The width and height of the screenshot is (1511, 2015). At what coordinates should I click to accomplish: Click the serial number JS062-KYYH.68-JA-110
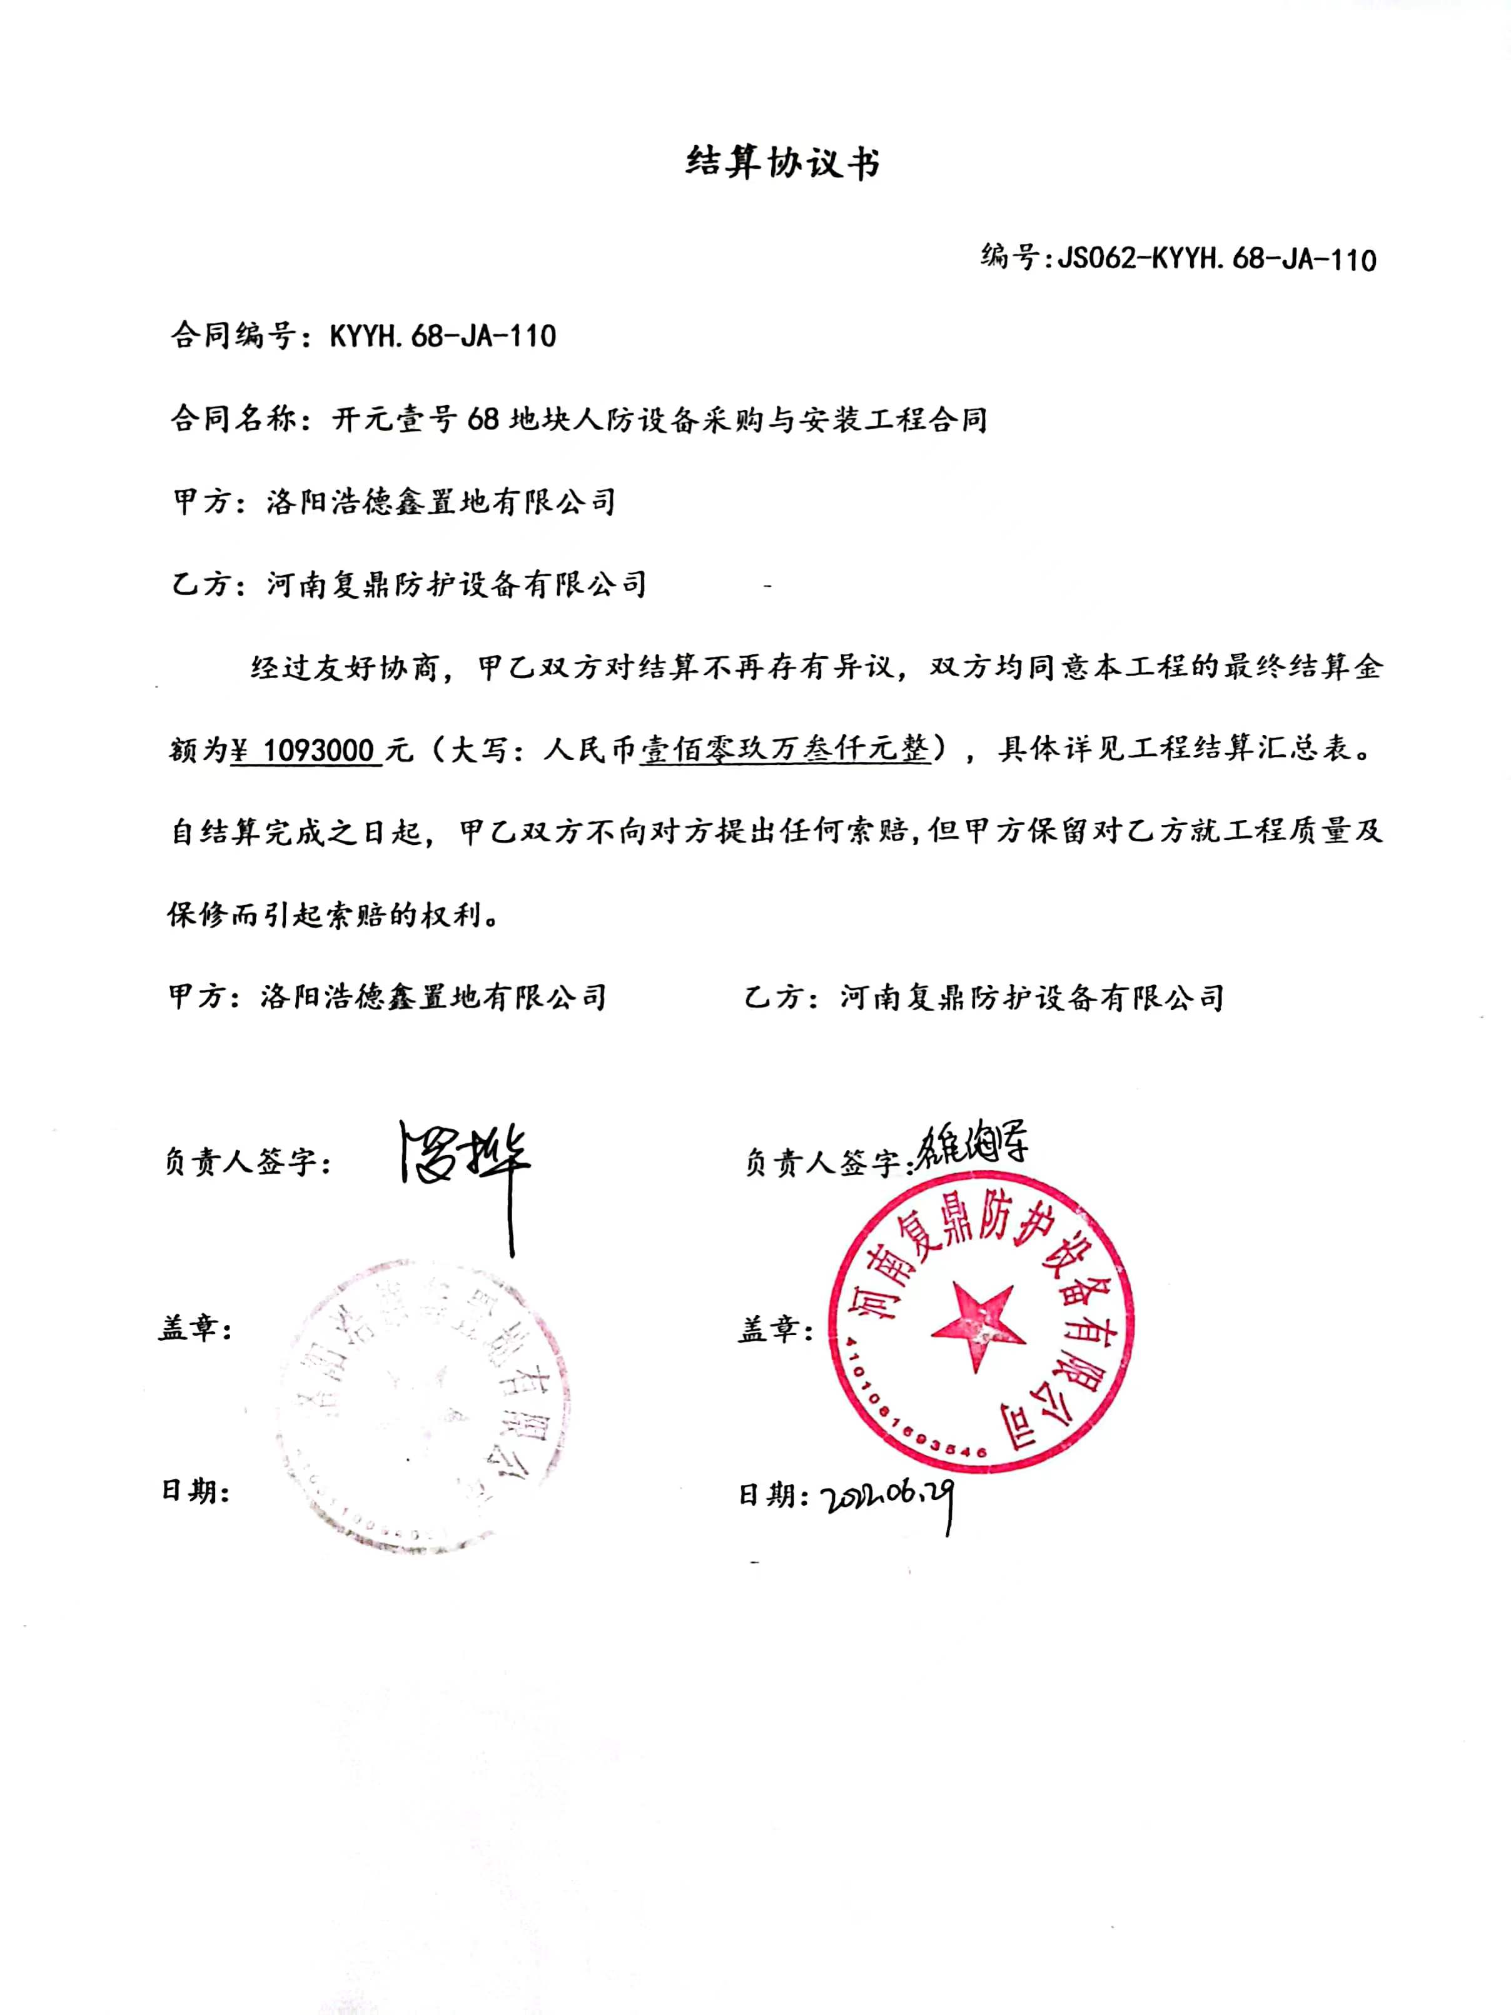[1216, 259]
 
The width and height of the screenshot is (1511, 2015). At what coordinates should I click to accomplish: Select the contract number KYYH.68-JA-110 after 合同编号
[443, 337]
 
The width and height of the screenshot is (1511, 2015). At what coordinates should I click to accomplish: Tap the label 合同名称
[234, 420]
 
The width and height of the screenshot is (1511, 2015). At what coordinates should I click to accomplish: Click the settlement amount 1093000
[318, 751]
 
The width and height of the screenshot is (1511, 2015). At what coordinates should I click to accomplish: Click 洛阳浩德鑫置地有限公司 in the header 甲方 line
[441, 502]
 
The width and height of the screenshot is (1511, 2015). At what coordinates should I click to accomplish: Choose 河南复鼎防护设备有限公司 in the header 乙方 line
[457, 584]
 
